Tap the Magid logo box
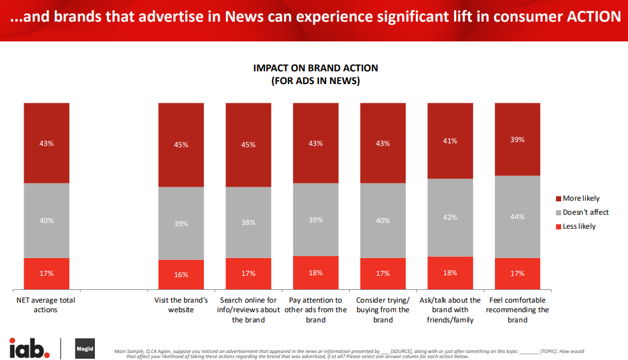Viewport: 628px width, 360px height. [85, 348]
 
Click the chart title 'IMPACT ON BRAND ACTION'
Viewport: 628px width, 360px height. [315, 68]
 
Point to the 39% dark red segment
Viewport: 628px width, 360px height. [517, 139]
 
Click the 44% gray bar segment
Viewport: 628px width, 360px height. [517, 217]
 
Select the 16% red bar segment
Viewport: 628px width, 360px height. [181, 275]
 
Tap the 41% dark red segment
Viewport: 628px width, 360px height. [450, 141]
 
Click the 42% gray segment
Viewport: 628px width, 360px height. [450, 217]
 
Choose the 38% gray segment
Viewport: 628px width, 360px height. [248, 222]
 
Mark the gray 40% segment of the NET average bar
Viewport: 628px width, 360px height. [46, 220]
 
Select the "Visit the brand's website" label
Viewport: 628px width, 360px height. [181, 305]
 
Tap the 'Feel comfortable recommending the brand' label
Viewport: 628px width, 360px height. [517, 310]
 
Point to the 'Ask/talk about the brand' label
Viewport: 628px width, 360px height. [450, 310]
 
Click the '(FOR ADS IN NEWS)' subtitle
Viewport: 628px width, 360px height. [315, 81]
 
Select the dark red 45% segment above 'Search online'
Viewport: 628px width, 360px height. [248, 145]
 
